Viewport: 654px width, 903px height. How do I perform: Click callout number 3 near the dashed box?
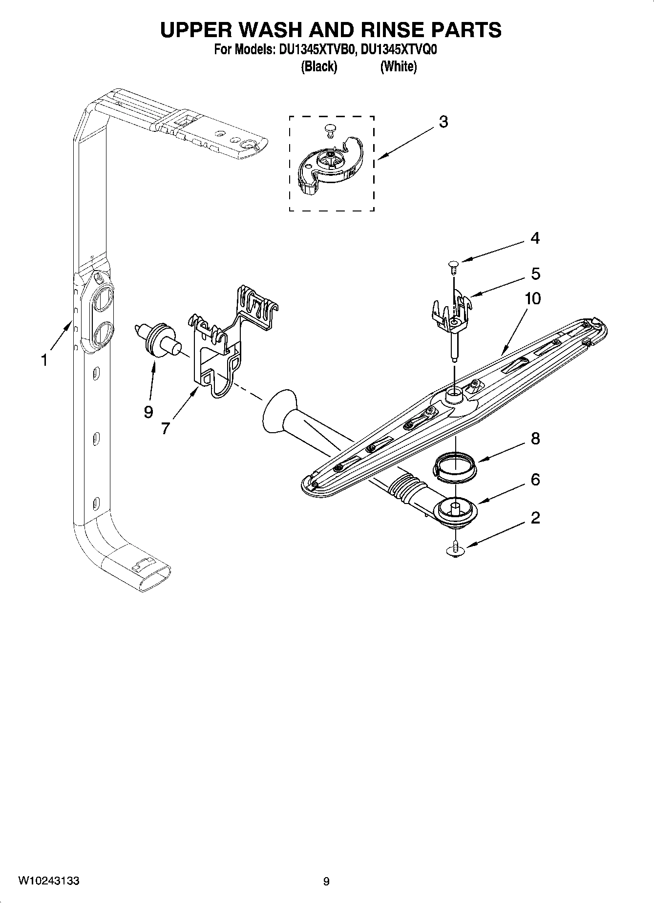click(x=443, y=122)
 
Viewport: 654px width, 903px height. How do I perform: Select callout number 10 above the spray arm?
click(x=532, y=298)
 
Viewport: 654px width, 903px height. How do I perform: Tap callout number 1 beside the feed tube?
click(x=44, y=360)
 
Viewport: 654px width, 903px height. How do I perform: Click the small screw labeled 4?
click(x=453, y=265)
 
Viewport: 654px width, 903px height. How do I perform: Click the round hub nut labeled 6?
click(x=456, y=513)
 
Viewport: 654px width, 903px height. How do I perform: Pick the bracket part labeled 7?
click(x=215, y=352)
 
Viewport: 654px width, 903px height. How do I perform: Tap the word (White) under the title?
click(x=398, y=66)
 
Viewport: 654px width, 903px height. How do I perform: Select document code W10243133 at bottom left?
click(x=49, y=881)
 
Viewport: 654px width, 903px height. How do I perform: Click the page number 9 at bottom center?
click(x=326, y=881)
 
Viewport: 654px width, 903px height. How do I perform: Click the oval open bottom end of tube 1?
click(x=153, y=579)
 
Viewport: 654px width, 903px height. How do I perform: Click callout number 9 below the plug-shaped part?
click(x=148, y=412)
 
